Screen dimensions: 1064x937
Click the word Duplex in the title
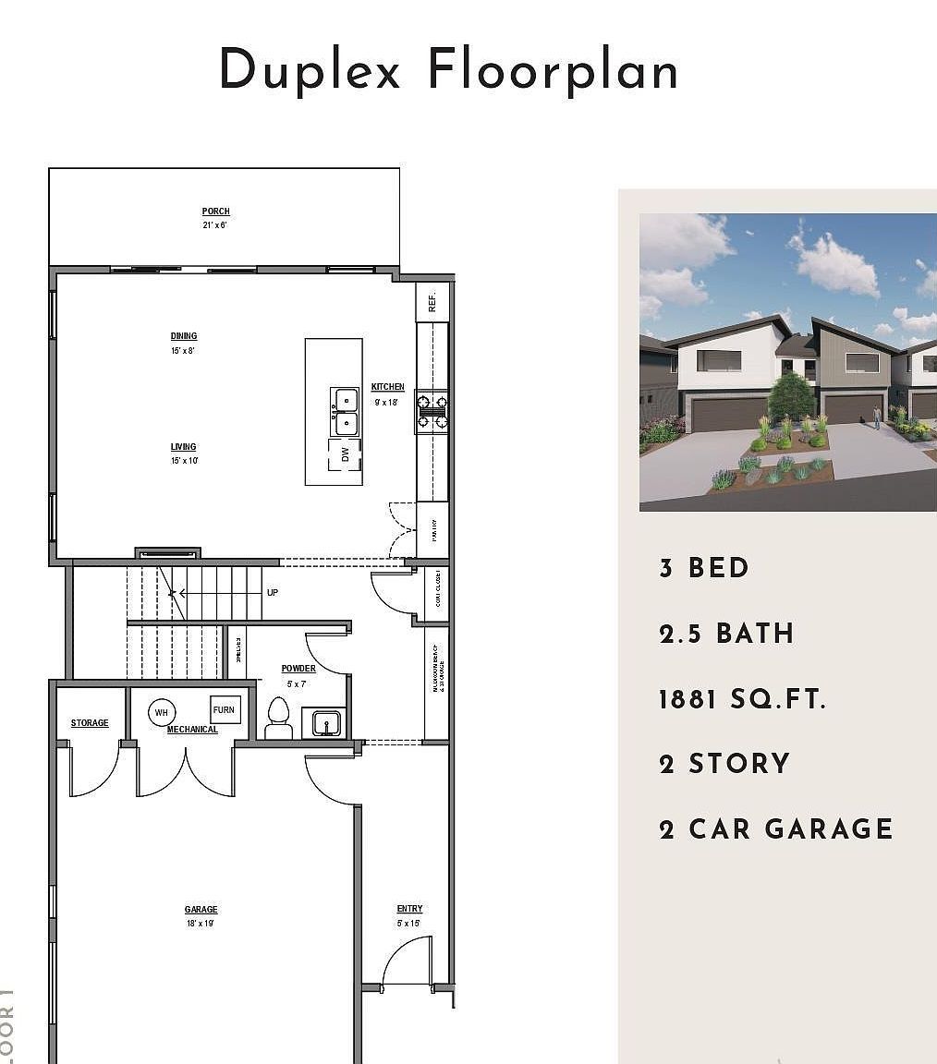tap(310, 71)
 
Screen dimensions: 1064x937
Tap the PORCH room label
tap(216, 212)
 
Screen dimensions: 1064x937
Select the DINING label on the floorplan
tap(184, 336)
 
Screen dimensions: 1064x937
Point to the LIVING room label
tap(183, 447)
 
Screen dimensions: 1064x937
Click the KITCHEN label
tap(388, 387)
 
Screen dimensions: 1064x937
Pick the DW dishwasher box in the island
tap(345, 454)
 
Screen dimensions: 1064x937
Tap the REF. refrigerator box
tap(432, 301)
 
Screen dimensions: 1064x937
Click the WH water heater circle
tap(162, 712)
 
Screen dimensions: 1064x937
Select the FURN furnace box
tap(225, 710)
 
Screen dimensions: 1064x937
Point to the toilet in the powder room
tap(279, 717)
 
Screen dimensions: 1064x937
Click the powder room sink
tap(323, 722)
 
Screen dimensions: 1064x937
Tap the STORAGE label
tap(90, 723)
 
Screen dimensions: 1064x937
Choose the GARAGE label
tap(201, 910)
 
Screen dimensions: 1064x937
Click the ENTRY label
tap(409, 909)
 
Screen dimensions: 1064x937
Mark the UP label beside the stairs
tap(273, 592)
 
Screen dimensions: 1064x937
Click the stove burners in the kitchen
tap(432, 412)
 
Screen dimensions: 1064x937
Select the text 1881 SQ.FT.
tap(742, 699)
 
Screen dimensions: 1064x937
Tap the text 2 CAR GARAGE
tap(776, 828)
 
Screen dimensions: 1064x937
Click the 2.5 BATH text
tap(726, 634)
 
